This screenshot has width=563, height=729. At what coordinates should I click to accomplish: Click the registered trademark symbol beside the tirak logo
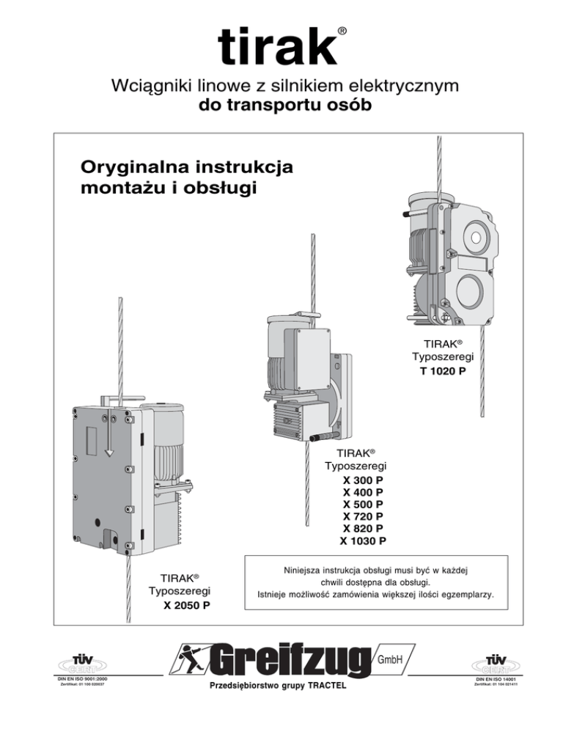pos(342,32)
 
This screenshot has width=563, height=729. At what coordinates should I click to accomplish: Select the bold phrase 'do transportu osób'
pos(281,106)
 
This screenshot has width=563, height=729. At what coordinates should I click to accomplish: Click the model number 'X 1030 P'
pos(363,542)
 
